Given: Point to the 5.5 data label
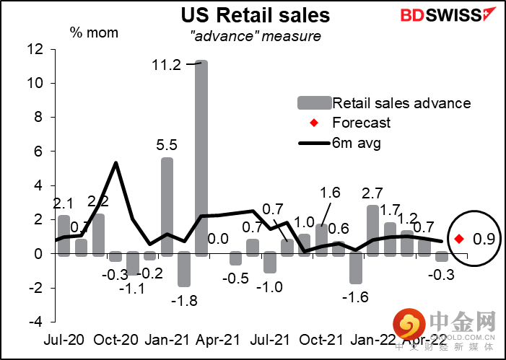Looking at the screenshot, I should (167, 144).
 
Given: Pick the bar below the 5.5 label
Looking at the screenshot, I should (167, 206).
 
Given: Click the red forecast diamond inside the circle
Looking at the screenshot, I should (459, 239).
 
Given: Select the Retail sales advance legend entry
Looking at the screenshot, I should (401, 102).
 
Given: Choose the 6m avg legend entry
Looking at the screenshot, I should (357, 142).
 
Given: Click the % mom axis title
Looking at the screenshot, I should (94, 32).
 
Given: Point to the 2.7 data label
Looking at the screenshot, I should (372, 193).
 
